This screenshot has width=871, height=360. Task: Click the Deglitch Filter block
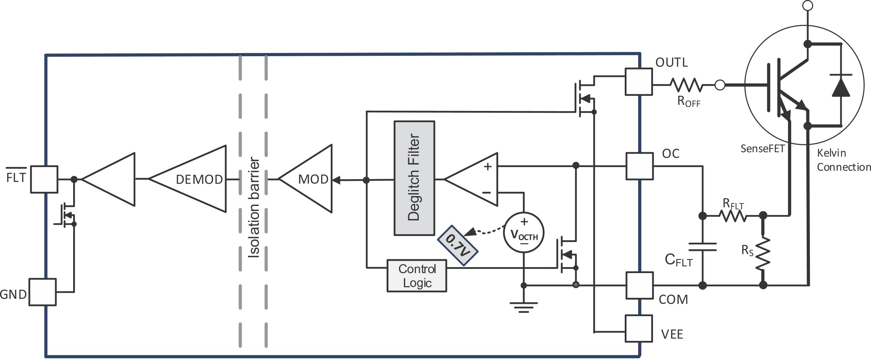pyautogui.click(x=414, y=178)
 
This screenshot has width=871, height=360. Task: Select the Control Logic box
pyautogui.click(x=417, y=276)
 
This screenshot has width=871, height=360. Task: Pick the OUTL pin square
pyautogui.click(x=638, y=82)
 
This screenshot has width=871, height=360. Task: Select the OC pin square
pyautogui.click(x=639, y=166)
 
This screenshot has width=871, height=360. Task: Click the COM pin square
pyautogui.click(x=639, y=285)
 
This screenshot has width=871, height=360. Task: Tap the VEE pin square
pyautogui.click(x=638, y=329)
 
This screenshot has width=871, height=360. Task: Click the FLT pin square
pyautogui.click(x=44, y=179)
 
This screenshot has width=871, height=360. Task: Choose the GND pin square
pyautogui.click(x=42, y=292)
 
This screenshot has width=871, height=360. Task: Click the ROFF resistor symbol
pyautogui.click(x=686, y=85)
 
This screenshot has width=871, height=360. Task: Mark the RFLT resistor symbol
pyautogui.click(x=734, y=216)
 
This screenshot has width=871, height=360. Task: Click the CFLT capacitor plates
pyautogui.click(x=702, y=247)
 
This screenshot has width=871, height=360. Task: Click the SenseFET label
pyautogui.click(x=762, y=149)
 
